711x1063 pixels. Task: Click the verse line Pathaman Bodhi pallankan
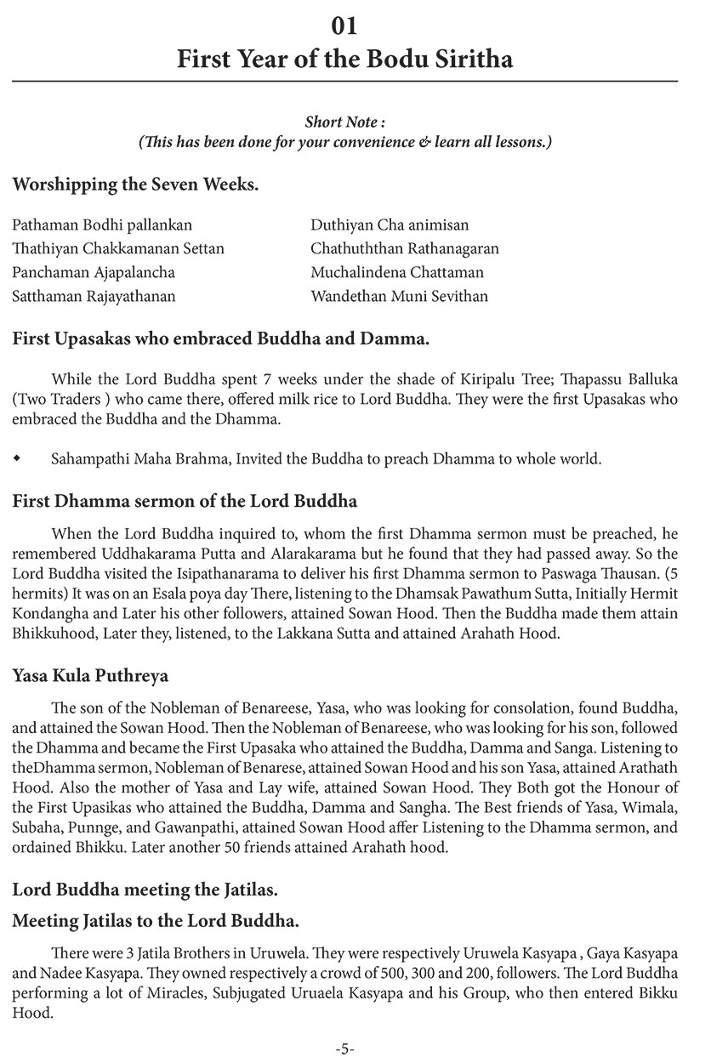pyautogui.click(x=103, y=225)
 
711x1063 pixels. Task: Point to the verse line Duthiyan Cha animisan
pyautogui.click(x=390, y=225)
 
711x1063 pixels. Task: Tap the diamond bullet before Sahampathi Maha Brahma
pyautogui.click(x=18, y=459)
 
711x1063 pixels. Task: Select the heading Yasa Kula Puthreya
pyautogui.click(x=91, y=676)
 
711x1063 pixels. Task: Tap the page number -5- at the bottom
pyautogui.click(x=344, y=1049)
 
